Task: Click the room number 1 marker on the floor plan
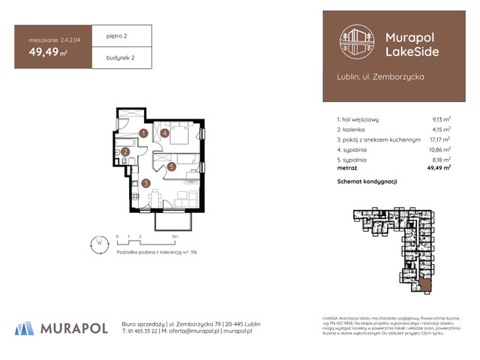[143, 133]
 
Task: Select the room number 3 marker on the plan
[147, 181]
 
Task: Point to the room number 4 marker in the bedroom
[165, 133]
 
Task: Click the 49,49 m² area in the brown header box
[49, 52]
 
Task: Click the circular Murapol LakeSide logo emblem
[356, 43]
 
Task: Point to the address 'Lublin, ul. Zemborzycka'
[380, 77]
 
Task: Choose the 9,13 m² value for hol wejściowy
[441, 119]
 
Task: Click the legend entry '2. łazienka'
[355, 130]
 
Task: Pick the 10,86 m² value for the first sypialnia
[439, 150]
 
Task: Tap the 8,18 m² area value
[441, 160]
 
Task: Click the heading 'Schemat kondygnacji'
[367, 182]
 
